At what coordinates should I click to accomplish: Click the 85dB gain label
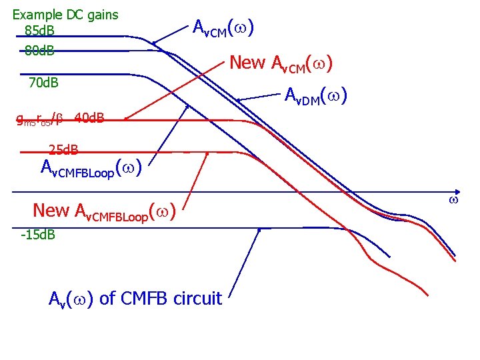tap(39, 31)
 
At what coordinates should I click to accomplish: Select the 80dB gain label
tap(39, 50)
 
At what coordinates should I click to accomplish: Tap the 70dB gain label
tap(43, 83)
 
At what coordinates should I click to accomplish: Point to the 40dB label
tap(89, 119)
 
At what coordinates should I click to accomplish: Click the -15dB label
tap(38, 235)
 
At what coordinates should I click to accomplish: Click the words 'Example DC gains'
tap(65, 14)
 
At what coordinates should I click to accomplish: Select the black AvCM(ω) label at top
tap(222, 28)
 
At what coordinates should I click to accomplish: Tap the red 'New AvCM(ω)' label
tap(281, 63)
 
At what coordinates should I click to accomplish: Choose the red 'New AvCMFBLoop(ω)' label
tap(104, 211)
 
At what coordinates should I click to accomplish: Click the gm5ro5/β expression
tap(40, 120)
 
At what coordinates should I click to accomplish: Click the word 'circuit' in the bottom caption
tap(198, 298)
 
